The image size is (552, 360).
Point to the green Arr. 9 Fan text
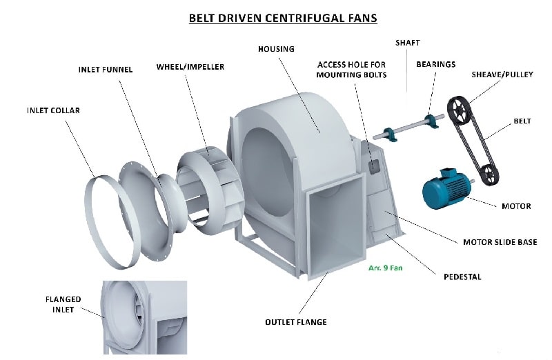click(385, 268)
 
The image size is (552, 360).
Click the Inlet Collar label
click(54, 110)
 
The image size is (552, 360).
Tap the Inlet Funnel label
click(105, 69)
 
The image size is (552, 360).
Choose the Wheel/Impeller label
click(190, 67)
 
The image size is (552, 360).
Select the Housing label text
click(276, 49)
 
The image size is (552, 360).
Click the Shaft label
click(407, 43)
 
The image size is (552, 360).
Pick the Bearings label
click(435, 64)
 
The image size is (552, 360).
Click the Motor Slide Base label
click(500, 242)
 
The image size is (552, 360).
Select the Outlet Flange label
click(296, 322)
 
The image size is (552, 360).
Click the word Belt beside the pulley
click(522, 121)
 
